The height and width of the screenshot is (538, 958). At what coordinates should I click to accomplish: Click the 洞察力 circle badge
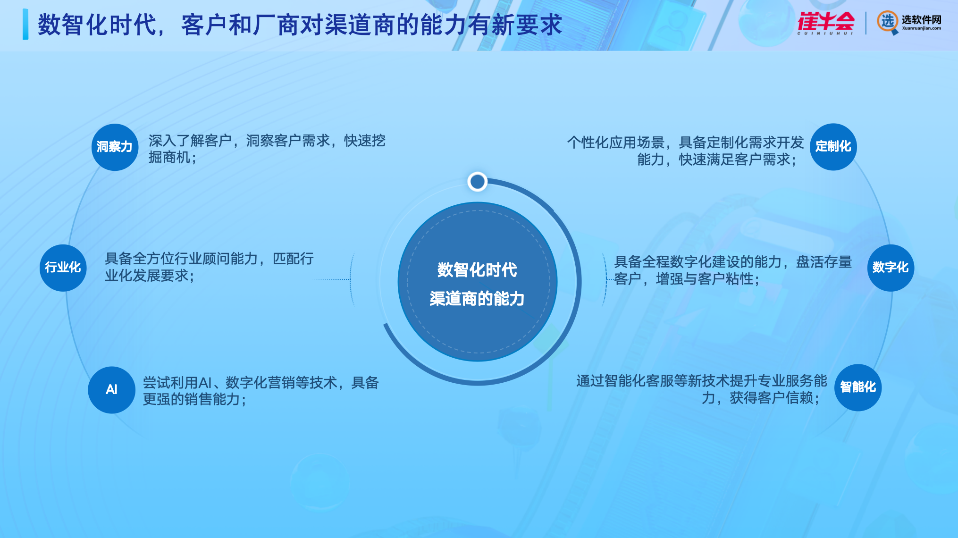[115, 147]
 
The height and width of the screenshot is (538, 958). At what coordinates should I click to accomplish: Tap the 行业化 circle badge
[63, 268]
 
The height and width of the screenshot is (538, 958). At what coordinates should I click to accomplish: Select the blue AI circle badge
[111, 390]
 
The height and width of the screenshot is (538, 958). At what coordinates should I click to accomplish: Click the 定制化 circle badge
[833, 146]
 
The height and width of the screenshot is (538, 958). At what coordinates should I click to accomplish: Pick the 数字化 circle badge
[891, 268]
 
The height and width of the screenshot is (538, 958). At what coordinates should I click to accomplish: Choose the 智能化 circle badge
[858, 387]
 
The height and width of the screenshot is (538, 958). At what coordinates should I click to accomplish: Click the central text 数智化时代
[477, 270]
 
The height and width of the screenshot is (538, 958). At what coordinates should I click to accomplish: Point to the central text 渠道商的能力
[477, 299]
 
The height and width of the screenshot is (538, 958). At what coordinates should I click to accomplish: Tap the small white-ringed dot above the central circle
[477, 181]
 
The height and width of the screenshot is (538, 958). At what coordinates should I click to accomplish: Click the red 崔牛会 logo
[826, 22]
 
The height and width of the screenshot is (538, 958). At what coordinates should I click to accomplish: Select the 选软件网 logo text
[921, 22]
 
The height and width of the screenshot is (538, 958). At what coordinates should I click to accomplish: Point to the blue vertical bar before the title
[25, 24]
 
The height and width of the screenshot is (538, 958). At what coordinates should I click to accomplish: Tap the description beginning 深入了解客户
[267, 149]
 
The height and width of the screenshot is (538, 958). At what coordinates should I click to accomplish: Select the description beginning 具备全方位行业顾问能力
[209, 267]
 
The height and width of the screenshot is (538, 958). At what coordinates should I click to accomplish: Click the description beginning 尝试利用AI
[261, 391]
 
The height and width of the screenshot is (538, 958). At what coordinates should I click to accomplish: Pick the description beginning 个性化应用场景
[685, 151]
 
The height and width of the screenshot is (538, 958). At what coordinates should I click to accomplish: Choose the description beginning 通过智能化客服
[701, 389]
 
